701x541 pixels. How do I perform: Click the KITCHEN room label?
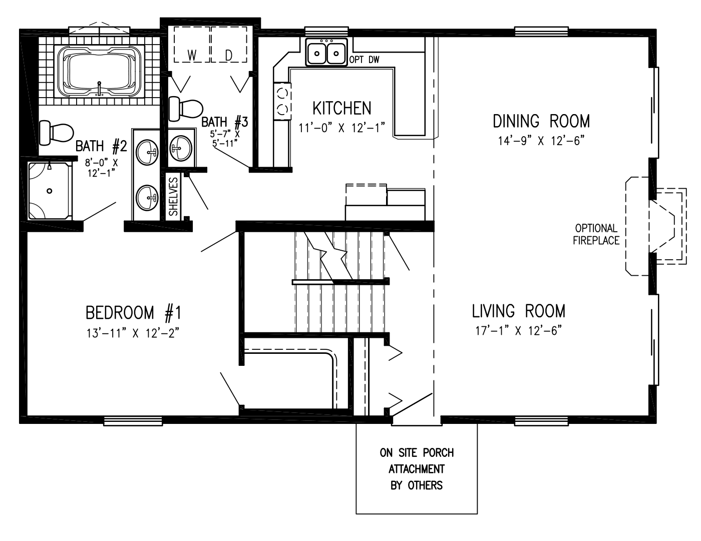[342, 108]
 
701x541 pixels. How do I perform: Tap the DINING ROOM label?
[541, 121]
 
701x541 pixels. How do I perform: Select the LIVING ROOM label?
[518, 311]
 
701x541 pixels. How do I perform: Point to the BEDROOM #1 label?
[133, 313]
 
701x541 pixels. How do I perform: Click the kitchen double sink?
[327, 53]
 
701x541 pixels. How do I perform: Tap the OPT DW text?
[365, 60]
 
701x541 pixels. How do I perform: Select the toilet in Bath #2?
[55, 132]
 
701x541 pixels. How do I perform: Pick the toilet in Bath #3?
[185, 108]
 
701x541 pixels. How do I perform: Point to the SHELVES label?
[173, 196]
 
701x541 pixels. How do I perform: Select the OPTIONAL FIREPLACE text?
[596, 234]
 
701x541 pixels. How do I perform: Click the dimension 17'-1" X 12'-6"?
[518, 331]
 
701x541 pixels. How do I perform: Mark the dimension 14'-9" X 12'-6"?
[541, 141]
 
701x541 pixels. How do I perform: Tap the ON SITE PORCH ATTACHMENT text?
[417, 469]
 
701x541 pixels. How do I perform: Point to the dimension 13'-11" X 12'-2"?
[133, 333]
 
